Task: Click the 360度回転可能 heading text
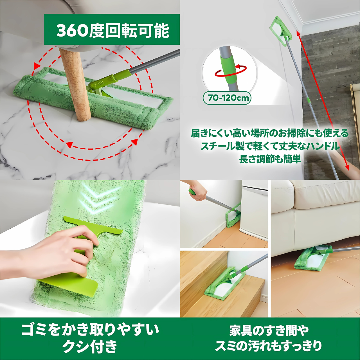[113, 30]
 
